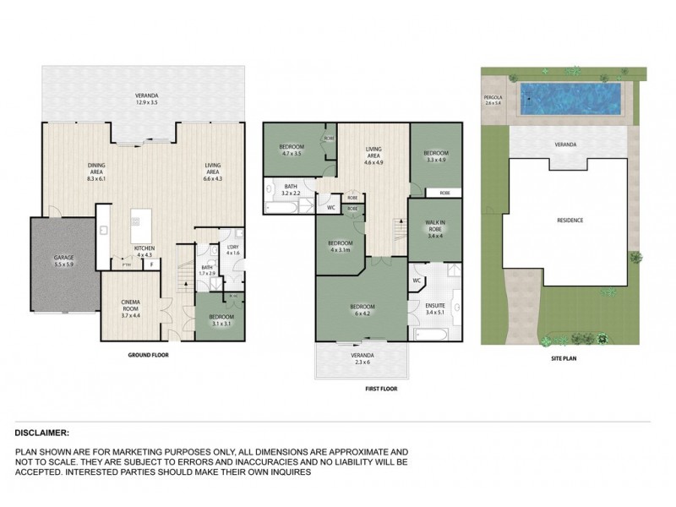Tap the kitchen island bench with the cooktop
tap(138, 226)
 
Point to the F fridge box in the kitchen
tap(151, 264)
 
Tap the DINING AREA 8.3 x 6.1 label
tap(101, 172)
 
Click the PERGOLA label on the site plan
tap(493, 101)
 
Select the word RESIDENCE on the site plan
tap(570, 220)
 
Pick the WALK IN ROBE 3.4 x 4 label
tap(435, 229)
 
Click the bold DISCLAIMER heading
tap(43, 431)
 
